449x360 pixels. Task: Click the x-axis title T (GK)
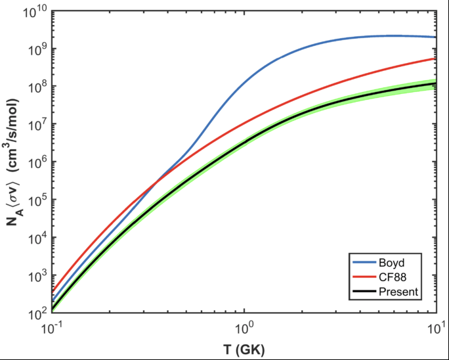(x=243, y=346)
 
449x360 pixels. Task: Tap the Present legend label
(x=401, y=291)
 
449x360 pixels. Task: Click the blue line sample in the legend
(x=366, y=261)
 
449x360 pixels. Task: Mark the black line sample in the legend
(x=366, y=291)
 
